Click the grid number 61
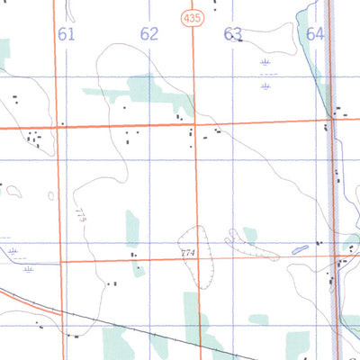click(x=66, y=34)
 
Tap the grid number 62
click(x=149, y=34)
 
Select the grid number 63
click(x=233, y=34)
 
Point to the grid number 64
click(x=314, y=34)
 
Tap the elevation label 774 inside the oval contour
click(x=187, y=253)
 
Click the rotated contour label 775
click(x=81, y=216)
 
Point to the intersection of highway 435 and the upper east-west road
click(x=196, y=123)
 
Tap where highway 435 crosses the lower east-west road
click(x=197, y=259)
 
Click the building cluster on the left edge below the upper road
click(x=34, y=139)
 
